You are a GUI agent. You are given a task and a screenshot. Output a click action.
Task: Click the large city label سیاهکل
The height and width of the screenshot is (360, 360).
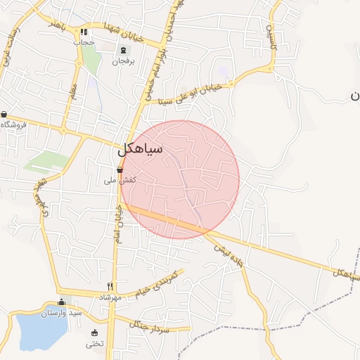141,148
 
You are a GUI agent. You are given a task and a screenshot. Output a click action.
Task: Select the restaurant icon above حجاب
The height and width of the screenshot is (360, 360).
84,32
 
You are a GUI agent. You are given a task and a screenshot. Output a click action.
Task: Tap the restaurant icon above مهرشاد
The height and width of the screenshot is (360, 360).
110,286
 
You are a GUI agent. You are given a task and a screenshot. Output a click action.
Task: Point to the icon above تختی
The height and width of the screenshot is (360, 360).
95,333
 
